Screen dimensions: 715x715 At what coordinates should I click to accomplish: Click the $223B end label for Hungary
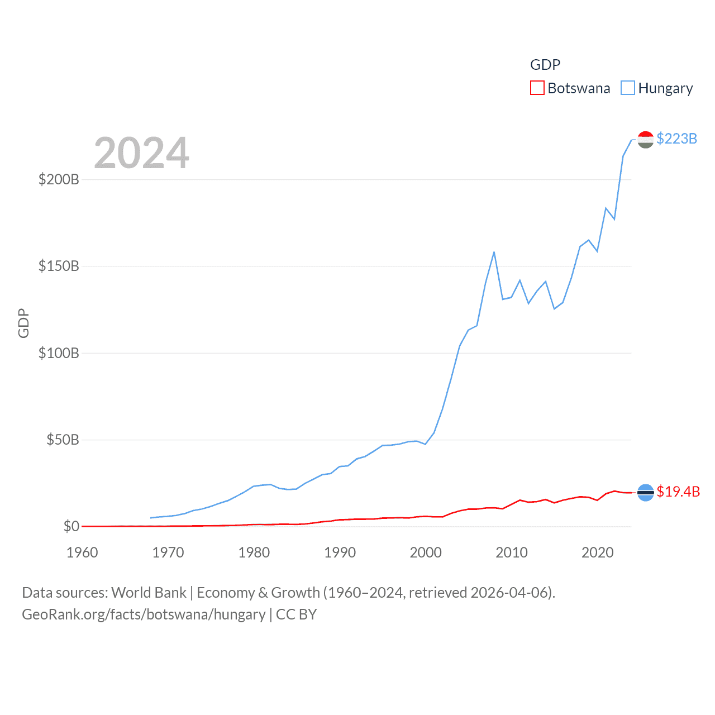point(676,139)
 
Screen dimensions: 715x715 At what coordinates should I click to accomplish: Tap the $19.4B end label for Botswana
point(678,492)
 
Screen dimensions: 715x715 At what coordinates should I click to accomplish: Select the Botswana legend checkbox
point(537,88)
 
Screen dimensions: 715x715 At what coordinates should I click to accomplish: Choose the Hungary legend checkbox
point(628,88)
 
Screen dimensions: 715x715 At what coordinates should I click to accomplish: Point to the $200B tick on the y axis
point(59,179)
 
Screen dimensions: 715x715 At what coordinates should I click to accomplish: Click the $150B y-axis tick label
point(59,266)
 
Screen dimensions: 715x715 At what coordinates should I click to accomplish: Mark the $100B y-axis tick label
point(59,353)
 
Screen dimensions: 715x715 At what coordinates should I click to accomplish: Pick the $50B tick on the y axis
point(63,440)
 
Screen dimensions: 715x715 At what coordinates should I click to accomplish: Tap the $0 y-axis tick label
point(71,526)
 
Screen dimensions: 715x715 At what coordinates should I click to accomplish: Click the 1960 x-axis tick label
point(82,552)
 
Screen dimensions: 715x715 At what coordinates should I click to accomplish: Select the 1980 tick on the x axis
point(254,552)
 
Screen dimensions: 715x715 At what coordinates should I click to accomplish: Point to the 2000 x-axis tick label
point(426,552)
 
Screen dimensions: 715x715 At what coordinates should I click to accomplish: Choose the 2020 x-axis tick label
point(598,552)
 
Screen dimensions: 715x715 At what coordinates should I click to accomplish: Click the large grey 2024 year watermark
point(141,153)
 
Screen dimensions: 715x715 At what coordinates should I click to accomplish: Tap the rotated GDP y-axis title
point(23,323)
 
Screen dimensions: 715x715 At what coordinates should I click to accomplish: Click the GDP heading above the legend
point(545,65)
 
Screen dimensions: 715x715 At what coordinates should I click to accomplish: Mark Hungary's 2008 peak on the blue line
point(494,252)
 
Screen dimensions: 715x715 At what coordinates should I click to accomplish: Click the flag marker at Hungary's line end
point(645,140)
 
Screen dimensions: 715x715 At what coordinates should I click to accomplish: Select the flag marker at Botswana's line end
point(645,492)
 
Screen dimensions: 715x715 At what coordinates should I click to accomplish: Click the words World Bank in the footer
point(149,592)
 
